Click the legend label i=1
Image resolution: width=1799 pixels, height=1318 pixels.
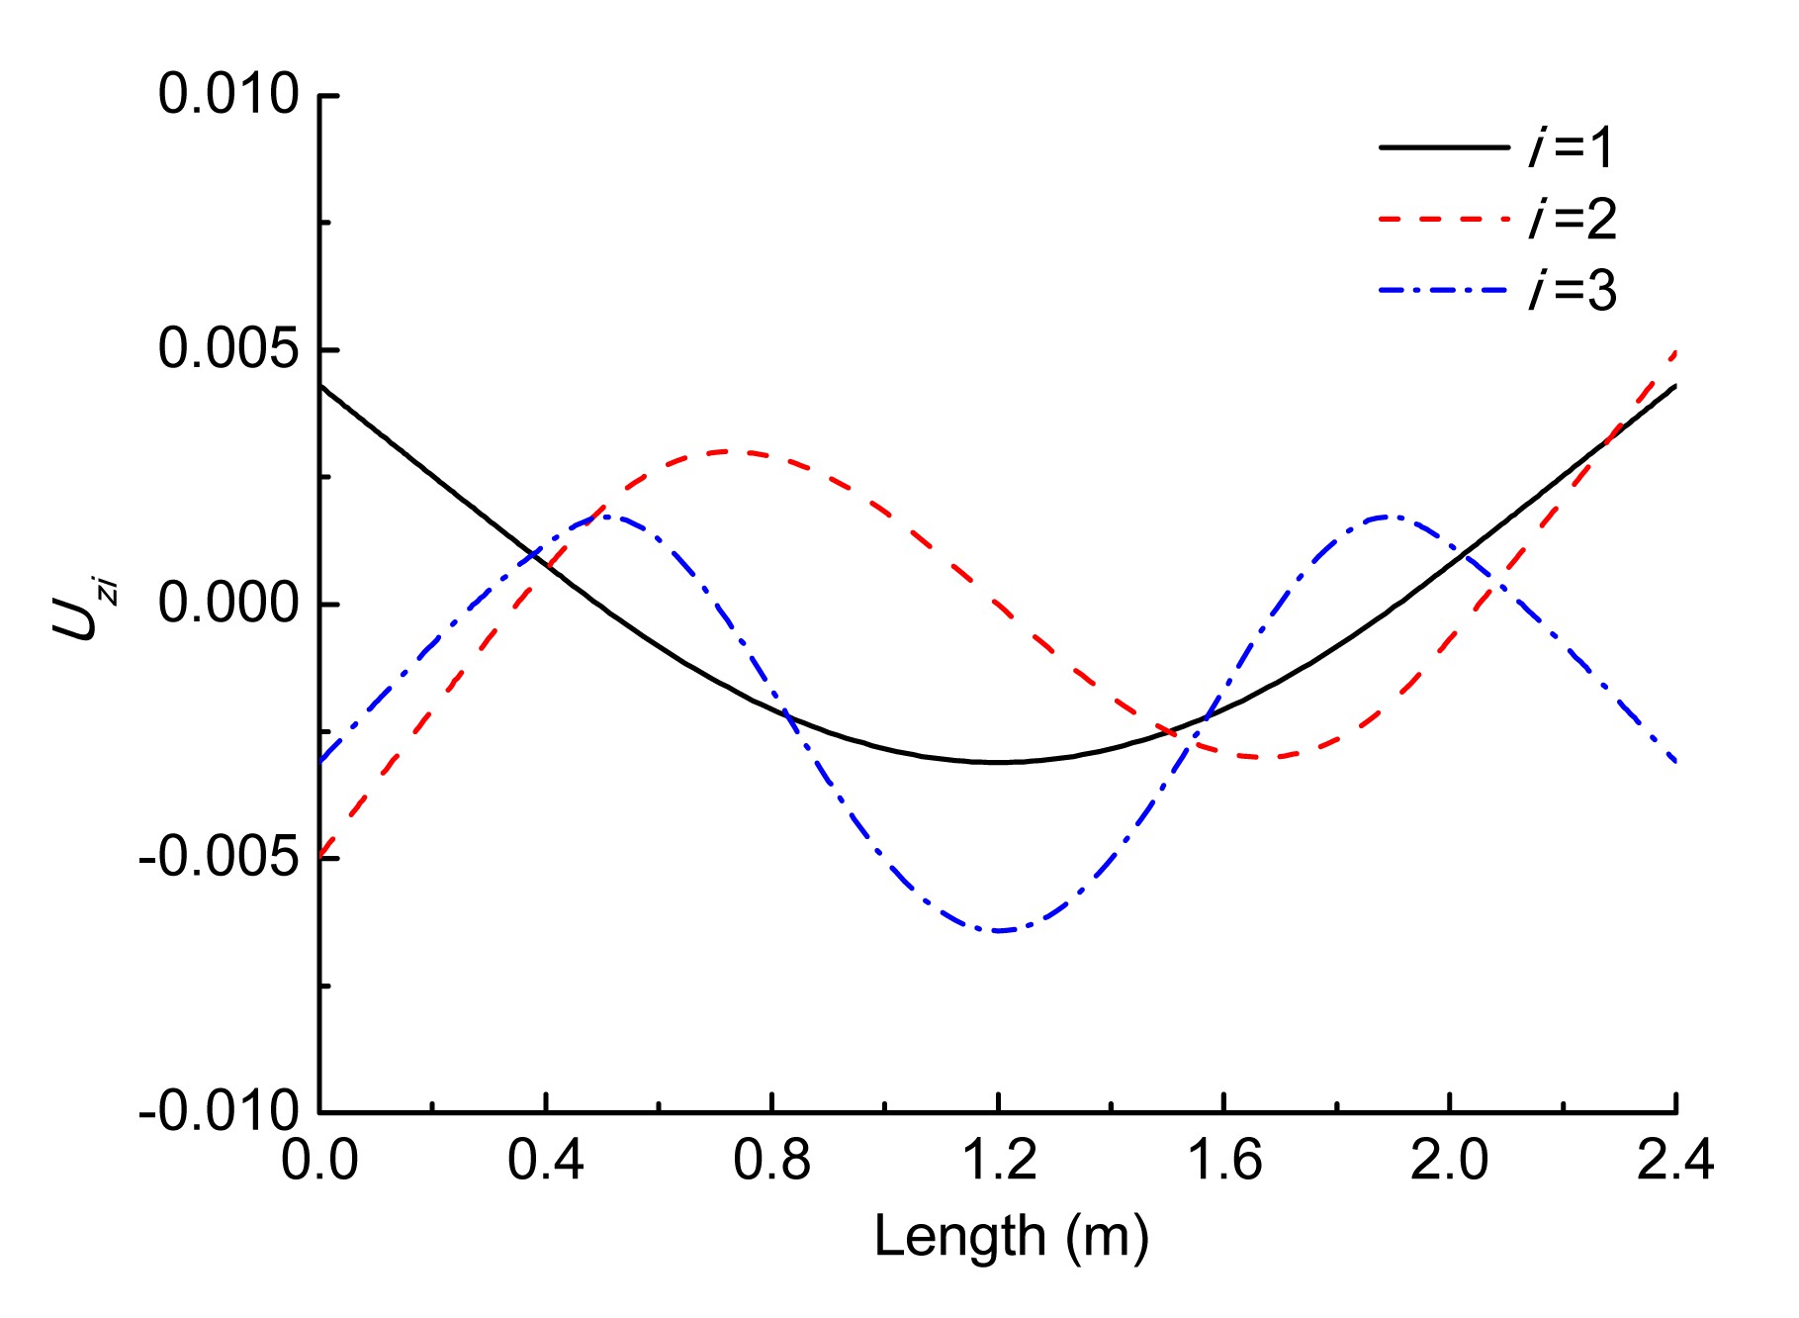[1572, 147]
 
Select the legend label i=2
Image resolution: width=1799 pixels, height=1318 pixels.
[1572, 219]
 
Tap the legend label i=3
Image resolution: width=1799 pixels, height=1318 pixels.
[1572, 291]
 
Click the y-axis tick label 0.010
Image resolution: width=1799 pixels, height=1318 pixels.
[228, 96]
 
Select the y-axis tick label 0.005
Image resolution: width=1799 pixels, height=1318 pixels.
[228, 350]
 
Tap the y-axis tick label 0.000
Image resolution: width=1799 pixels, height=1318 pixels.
[228, 605]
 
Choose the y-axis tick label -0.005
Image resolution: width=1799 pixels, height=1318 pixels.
[219, 858]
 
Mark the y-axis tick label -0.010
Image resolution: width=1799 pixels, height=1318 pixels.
[219, 1112]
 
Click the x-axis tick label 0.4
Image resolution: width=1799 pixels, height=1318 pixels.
[546, 1160]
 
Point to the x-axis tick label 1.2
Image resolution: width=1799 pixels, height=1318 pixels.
[998, 1160]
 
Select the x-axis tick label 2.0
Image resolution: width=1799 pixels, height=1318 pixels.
[1449, 1160]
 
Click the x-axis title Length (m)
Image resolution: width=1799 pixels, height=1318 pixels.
[1011, 1236]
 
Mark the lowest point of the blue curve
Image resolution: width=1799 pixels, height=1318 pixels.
[998, 930]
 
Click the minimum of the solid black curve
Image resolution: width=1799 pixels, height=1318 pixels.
[999, 762]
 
